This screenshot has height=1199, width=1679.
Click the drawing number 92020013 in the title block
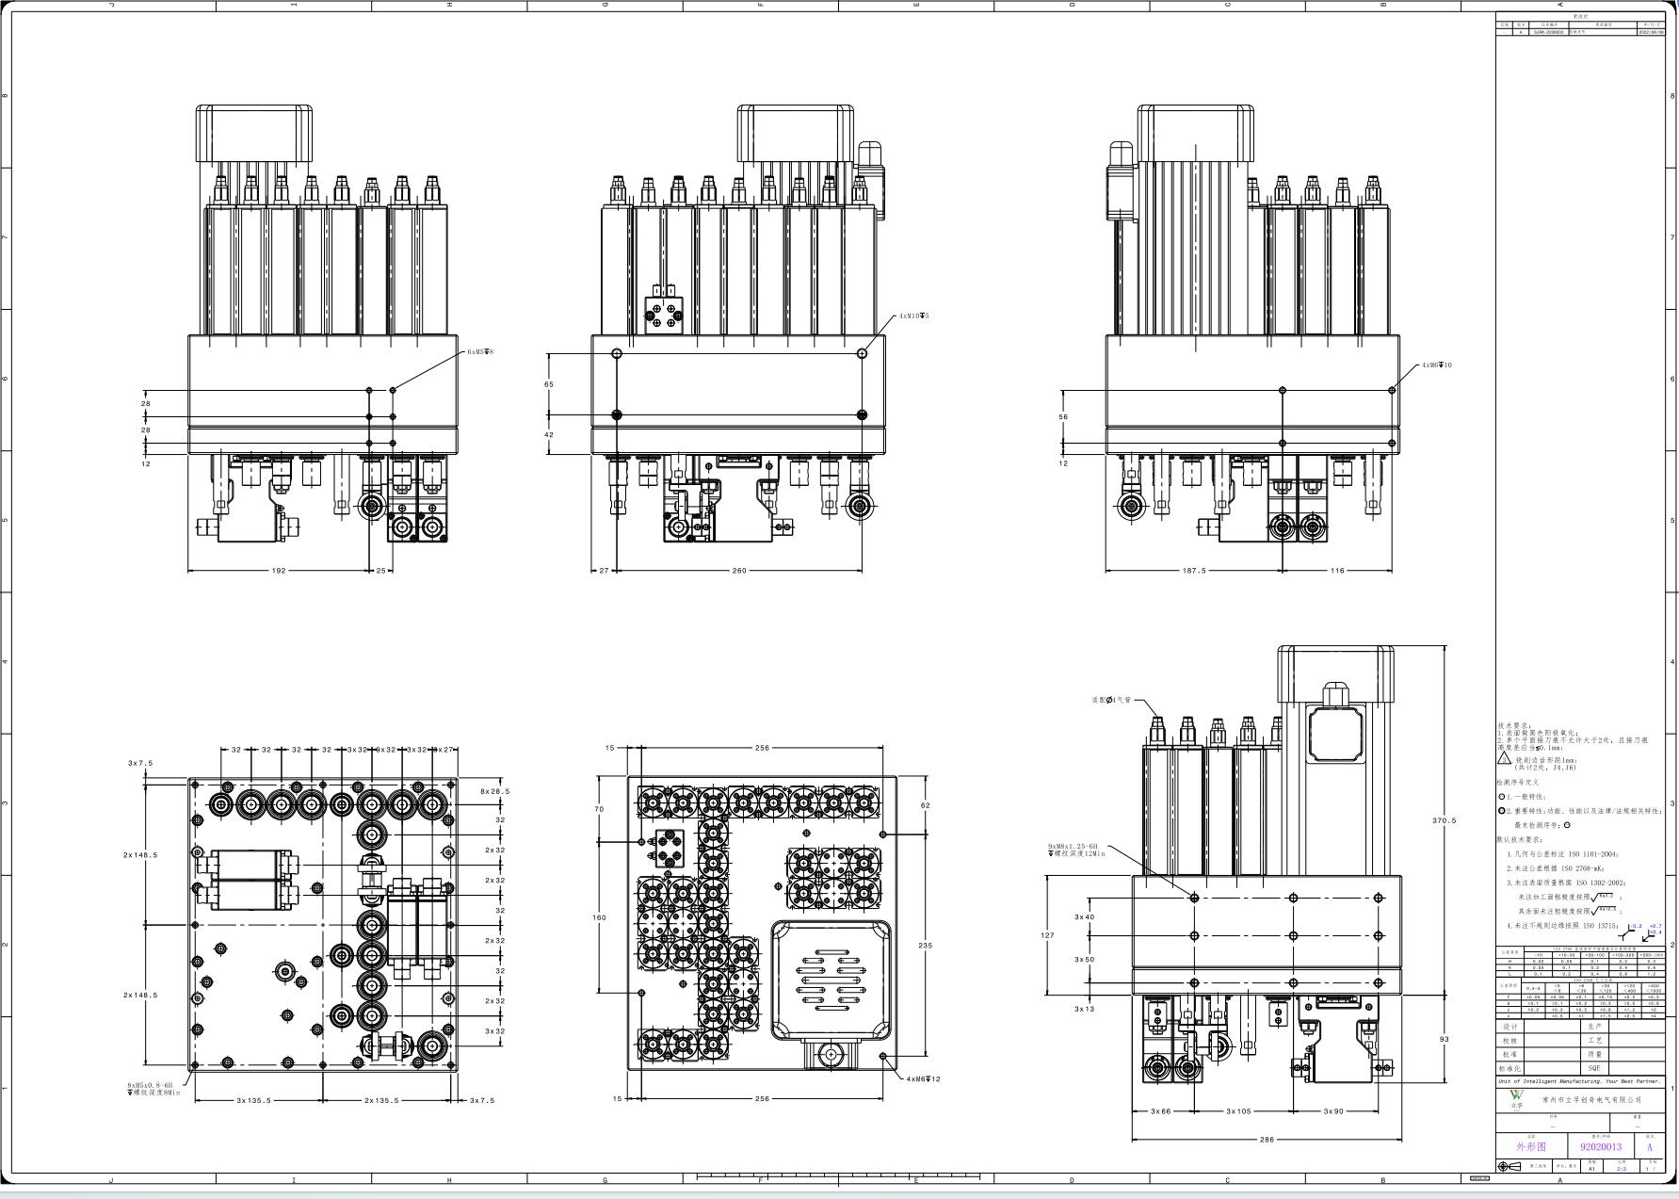(x=1600, y=1146)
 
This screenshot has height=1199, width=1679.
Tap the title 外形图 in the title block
(x=1530, y=1146)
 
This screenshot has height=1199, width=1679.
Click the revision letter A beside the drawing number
(x=1649, y=1147)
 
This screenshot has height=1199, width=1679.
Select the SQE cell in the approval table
(x=1593, y=1068)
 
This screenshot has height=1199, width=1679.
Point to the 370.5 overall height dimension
(x=1444, y=820)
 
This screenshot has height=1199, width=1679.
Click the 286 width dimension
(x=1267, y=1139)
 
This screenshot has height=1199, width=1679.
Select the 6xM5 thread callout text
(x=480, y=351)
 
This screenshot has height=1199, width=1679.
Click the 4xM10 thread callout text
(x=912, y=316)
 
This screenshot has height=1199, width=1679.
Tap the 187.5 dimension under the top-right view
(x=1193, y=570)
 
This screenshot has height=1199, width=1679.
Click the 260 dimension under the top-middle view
(x=738, y=570)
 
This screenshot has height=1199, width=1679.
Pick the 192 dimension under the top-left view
(x=279, y=570)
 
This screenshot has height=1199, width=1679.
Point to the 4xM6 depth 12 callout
(x=923, y=1078)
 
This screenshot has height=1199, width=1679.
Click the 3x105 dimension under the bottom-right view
(x=1238, y=1110)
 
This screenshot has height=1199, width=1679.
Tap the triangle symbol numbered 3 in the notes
(x=1504, y=757)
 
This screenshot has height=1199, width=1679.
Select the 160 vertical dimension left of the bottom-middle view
(x=599, y=916)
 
